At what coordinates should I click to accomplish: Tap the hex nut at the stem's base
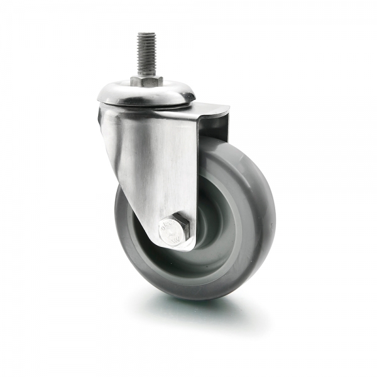[x=146, y=81]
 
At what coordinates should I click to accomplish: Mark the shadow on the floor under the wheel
[x=188, y=308]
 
